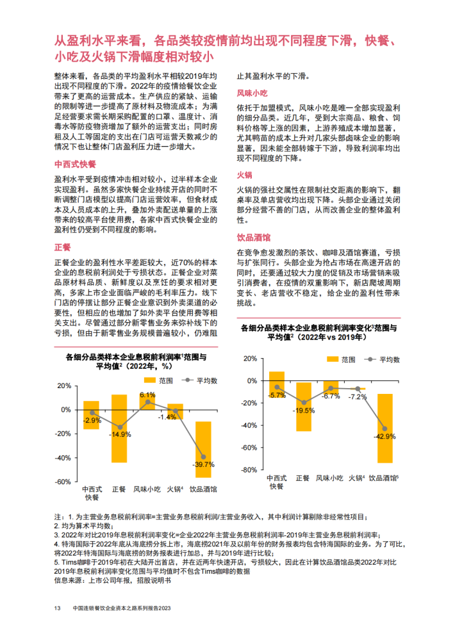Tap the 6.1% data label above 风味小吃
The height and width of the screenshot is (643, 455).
(148, 395)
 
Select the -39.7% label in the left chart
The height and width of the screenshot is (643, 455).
(204, 464)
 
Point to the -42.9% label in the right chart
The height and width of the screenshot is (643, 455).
(385, 435)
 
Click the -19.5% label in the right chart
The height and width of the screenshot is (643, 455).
(304, 411)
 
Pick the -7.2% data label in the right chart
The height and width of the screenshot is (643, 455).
(357, 397)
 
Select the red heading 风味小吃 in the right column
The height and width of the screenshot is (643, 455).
(252, 93)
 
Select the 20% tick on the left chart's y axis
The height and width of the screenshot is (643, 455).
(64, 386)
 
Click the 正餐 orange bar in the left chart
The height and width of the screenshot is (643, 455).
(119, 428)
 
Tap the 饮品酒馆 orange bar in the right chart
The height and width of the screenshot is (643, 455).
(385, 428)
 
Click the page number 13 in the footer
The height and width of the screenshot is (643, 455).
(57, 608)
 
